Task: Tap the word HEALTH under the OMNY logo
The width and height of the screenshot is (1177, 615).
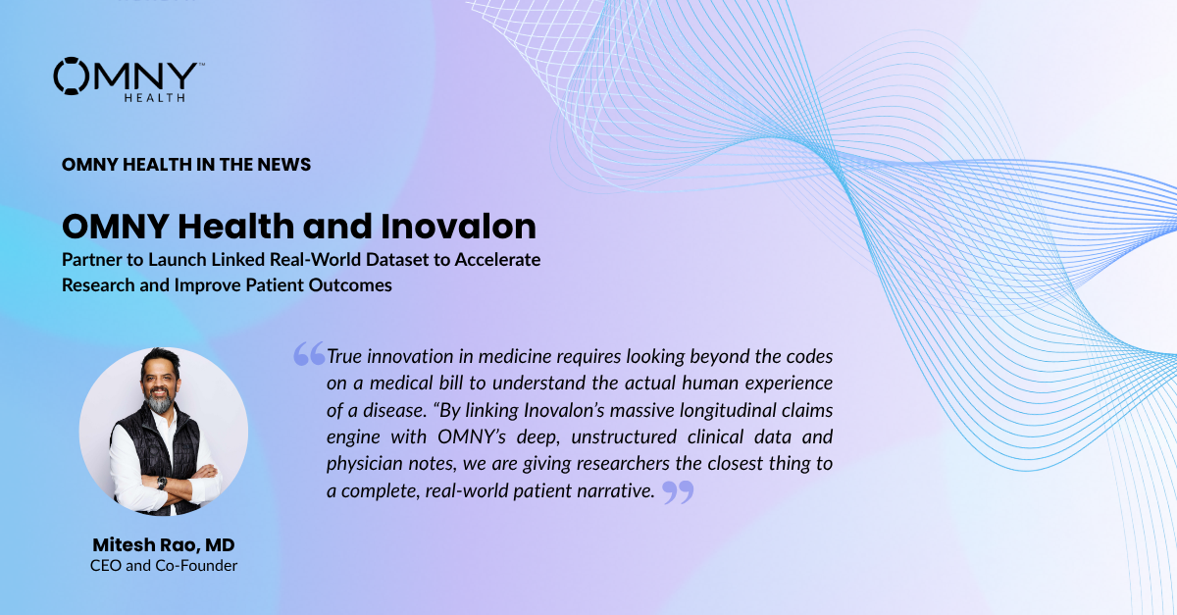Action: point(155,98)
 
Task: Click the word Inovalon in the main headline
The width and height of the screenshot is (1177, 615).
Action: point(458,227)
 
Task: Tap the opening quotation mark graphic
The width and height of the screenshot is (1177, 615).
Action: point(309,353)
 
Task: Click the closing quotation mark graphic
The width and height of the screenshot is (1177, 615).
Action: point(678,492)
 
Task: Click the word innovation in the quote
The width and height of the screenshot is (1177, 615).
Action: point(410,356)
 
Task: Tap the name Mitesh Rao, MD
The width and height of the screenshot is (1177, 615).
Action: point(164,545)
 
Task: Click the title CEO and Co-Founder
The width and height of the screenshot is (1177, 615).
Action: point(164,566)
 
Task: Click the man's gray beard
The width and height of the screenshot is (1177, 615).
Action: point(160,402)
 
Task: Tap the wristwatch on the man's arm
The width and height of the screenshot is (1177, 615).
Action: point(162,483)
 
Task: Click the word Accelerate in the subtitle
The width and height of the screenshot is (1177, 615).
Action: point(497,260)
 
